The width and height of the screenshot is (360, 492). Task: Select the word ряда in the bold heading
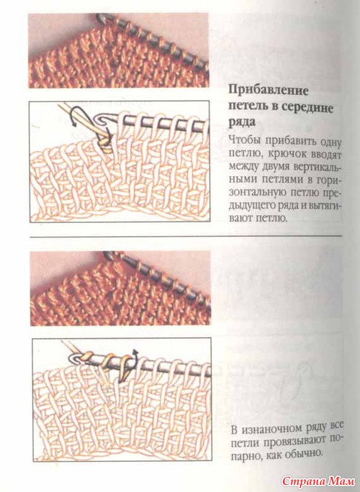(x=242, y=122)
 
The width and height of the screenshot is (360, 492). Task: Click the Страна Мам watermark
(x=318, y=481)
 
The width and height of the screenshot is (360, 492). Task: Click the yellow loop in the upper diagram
(x=104, y=145)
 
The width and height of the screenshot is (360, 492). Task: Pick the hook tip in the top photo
(x=99, y=17)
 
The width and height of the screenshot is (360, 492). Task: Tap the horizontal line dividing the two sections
(x=185, y=237)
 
